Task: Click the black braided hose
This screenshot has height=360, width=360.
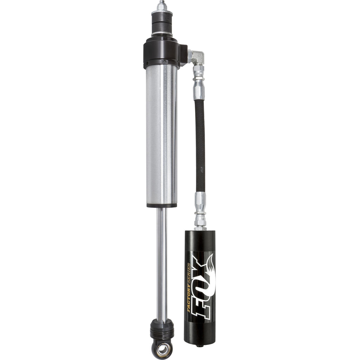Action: [x=200, y=144]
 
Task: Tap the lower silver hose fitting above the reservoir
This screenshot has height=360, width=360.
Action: [x=200, y=211]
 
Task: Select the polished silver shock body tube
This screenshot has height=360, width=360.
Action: [x=162, y=134]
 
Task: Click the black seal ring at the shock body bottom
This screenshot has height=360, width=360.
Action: [x=162, y=205]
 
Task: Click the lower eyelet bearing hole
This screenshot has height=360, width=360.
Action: [x=162, y=349]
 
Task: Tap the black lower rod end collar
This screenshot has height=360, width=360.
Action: [x=162, y=330]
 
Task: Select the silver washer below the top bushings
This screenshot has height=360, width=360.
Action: [x=162, y=34]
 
